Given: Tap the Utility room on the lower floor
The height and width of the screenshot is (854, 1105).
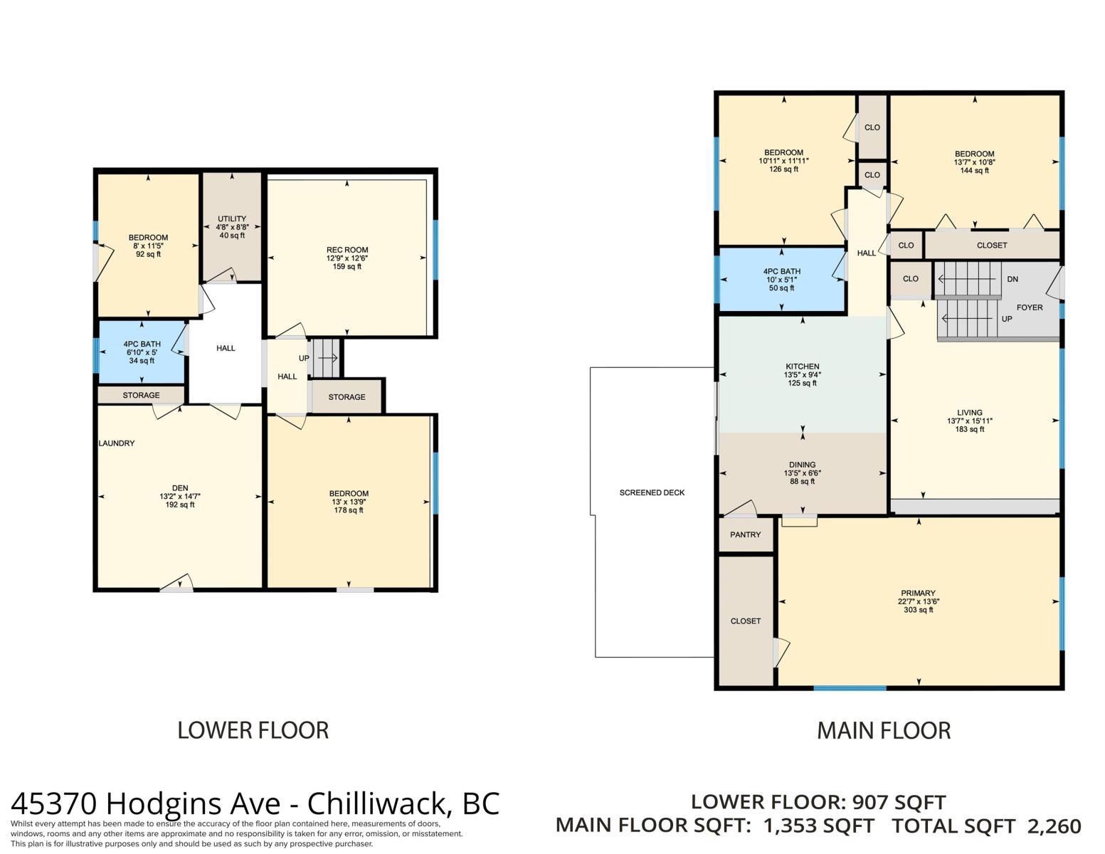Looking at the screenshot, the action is (x=232, y=227).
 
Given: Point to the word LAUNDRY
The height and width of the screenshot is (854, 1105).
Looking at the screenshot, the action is (x=117, y=443).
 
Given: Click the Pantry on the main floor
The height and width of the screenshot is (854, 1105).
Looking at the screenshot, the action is (x=745, y=534).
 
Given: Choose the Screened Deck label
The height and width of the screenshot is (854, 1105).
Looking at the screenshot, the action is (x=652, y=492).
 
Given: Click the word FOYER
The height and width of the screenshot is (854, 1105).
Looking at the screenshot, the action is (x=1030, y=307).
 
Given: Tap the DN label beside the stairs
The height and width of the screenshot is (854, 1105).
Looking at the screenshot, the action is (x=1013, y=279).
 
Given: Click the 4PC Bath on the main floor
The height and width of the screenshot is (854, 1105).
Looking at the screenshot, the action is (x=781, y=280).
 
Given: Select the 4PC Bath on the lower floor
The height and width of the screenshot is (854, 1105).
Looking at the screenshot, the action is (x=142, y=352).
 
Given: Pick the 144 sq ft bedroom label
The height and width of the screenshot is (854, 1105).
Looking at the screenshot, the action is (x=974, y=162).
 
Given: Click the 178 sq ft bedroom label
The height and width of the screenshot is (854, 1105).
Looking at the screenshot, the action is (x=349, y=502).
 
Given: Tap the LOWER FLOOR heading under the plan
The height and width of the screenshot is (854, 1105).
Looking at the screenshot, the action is (x=253, y=730).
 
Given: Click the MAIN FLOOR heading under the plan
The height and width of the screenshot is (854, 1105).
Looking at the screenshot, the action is (x=884, y=731).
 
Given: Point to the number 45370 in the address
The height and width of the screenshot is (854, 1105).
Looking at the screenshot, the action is (x=54, y=804).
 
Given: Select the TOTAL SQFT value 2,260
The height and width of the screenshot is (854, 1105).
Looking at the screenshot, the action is (x=1054, y=826).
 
